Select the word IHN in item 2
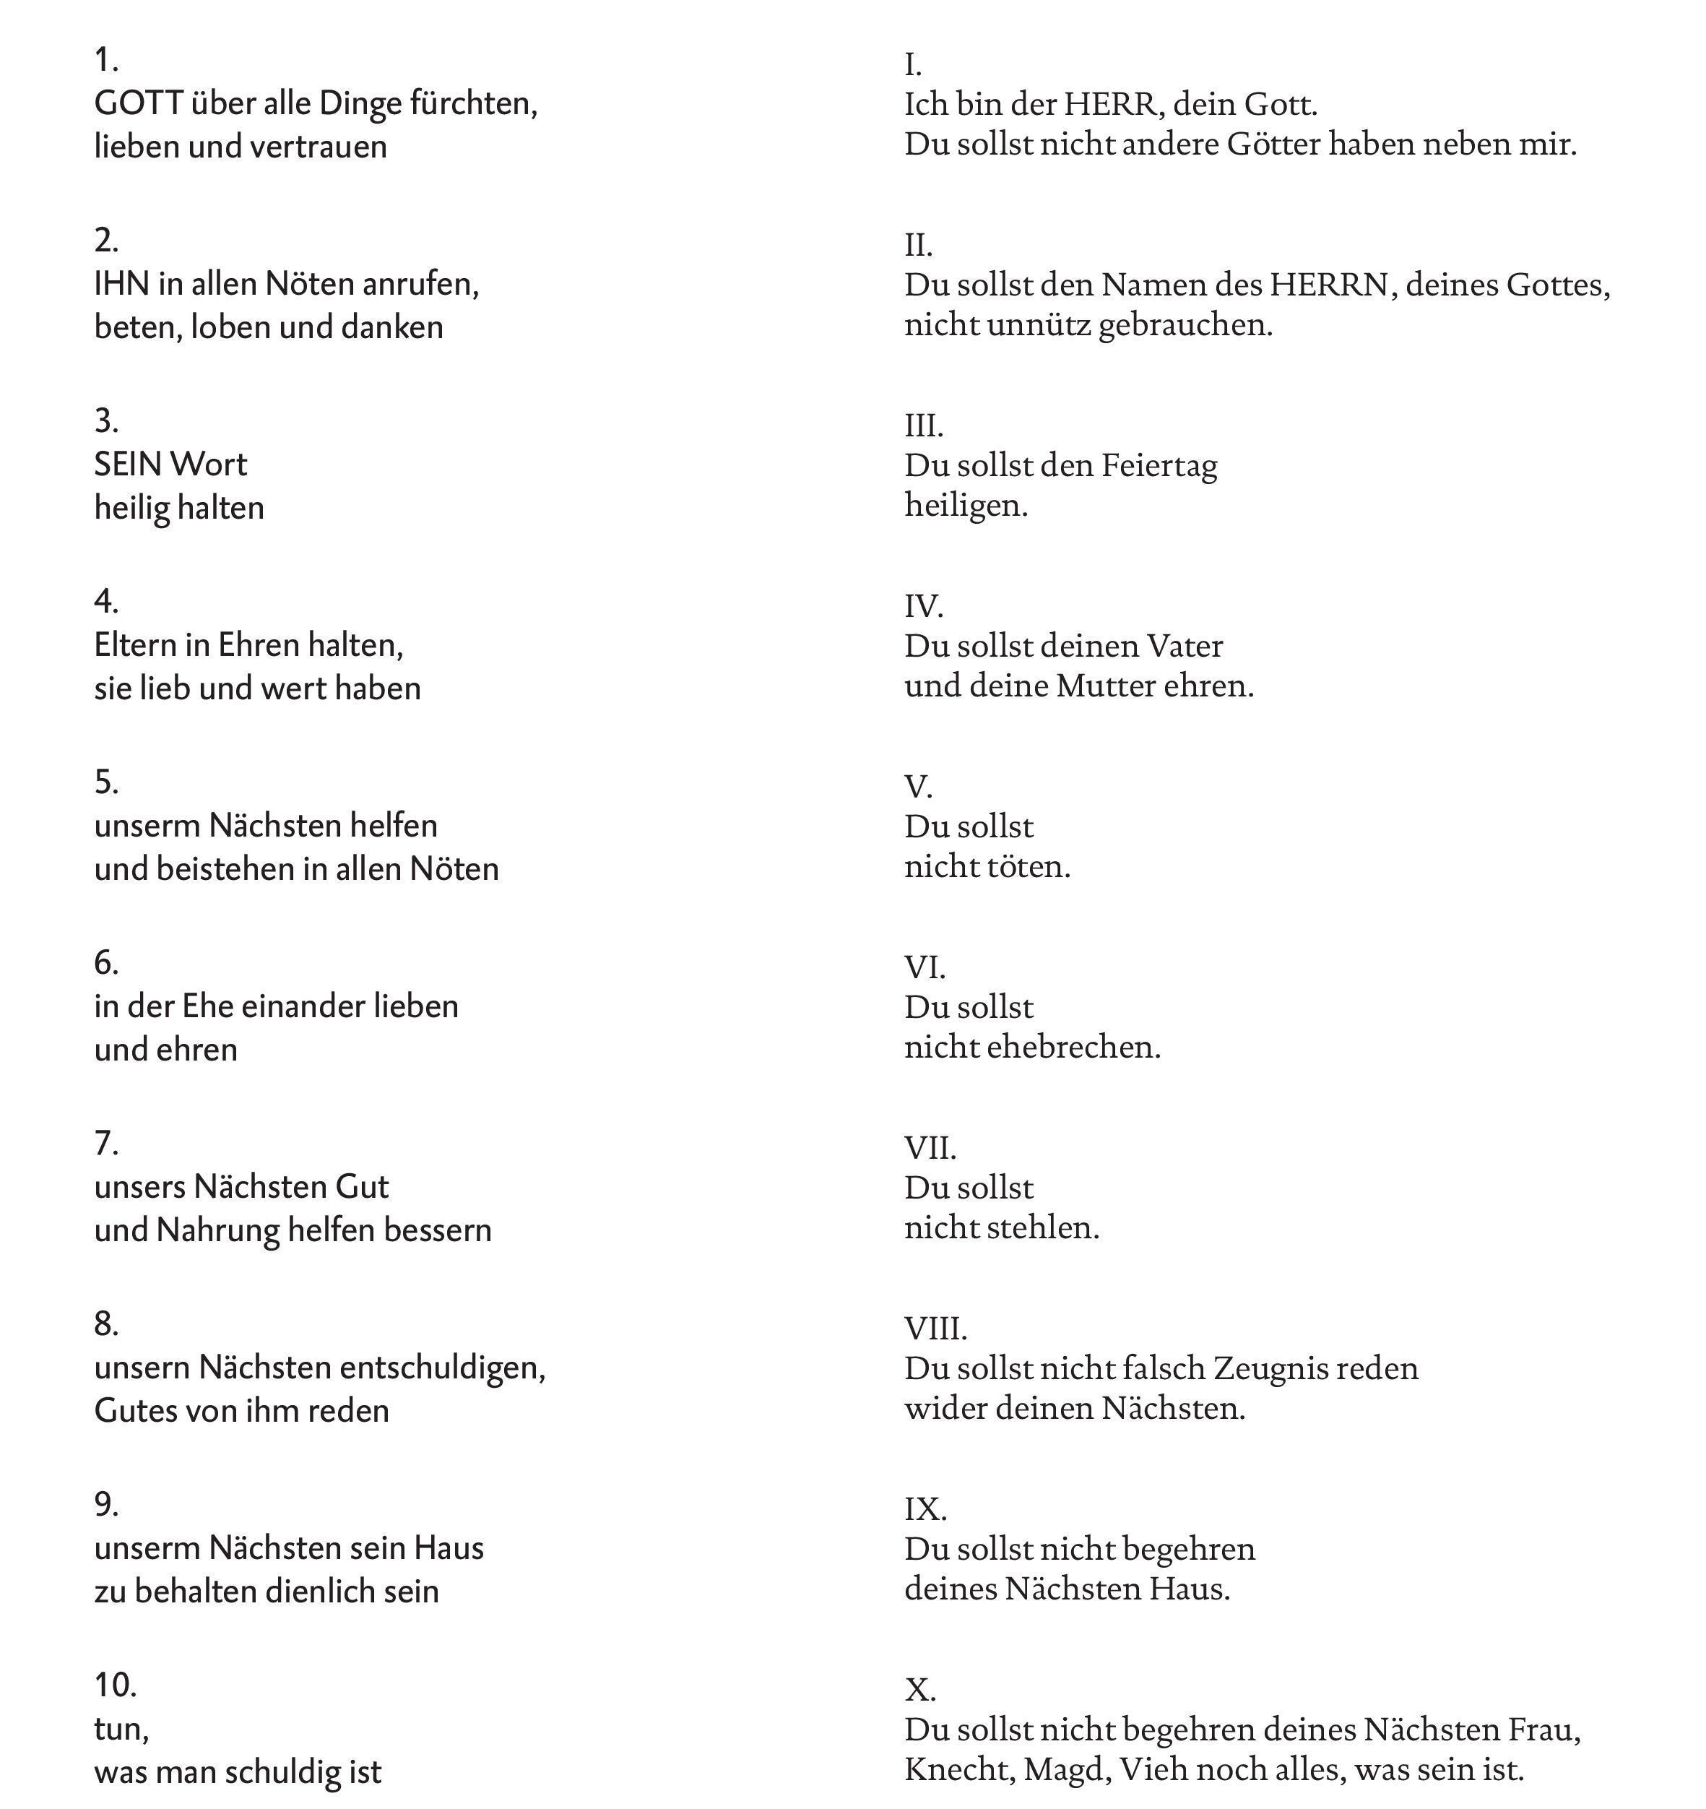click(122, 285)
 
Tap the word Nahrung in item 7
click(217, 1230)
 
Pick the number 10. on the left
click(116, 1685)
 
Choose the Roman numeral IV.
click(924, 606)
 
